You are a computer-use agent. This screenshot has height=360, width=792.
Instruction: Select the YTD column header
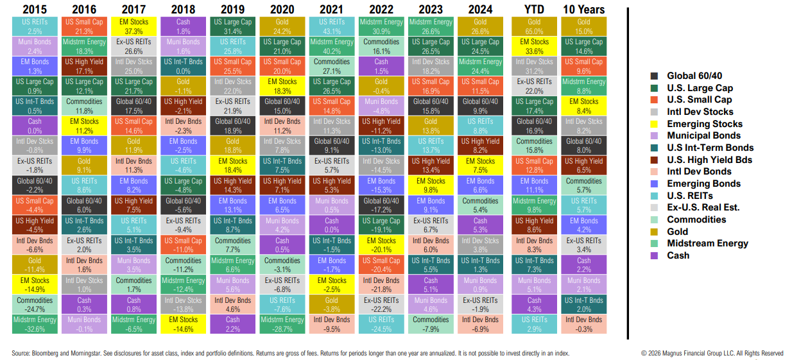(x=534, y=9)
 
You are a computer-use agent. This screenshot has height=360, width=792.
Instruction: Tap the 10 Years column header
(x=583, y=9)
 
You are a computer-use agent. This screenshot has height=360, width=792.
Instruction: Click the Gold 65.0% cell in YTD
(x=534, y=26)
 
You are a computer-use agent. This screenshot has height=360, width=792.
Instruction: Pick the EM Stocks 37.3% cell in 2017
(x=133, y=26)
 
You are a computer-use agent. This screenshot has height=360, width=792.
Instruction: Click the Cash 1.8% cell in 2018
(x=183, y=26)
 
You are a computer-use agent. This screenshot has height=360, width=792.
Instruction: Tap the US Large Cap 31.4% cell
(x=232, y=26)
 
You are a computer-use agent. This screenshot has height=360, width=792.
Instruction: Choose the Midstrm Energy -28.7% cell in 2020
(x=282, y=324)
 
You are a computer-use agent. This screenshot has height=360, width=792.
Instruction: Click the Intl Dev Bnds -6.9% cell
(x=480, y=324)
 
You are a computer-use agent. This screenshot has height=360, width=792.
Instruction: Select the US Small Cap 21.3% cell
(x=84, y=26)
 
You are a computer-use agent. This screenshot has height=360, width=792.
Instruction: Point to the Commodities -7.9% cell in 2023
(x=431, y=324)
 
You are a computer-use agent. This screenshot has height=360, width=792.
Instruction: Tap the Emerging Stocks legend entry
(x=704, y=124)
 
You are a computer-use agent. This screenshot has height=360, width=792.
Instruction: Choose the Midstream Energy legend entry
(x=707, y=243)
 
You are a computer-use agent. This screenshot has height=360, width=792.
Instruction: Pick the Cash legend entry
(x=678, y=255)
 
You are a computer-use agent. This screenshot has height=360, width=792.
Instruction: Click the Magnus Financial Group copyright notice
(x=712, y=353)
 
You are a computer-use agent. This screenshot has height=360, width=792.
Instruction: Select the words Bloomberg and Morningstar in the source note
(x=64, y=353)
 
